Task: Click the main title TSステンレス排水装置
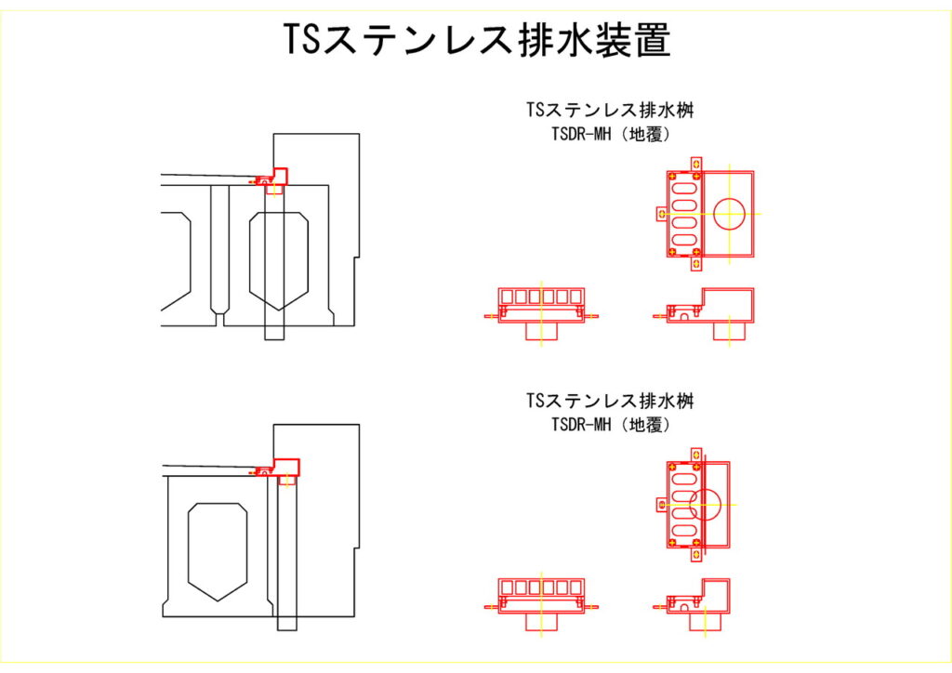(476, 41)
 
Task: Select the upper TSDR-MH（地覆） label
(611, 134)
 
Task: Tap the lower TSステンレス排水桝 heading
(610, 402)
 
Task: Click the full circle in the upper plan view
(730, 214)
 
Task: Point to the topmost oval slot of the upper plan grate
(684, 187)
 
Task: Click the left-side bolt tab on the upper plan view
(661, 214)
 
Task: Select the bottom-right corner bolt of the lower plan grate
(697, 541)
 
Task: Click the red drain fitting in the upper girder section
(273, 178)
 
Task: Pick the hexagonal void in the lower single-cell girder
(218, 550)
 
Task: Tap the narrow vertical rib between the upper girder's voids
(219, 251)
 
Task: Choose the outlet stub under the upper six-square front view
(541, 331)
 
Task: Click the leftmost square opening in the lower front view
(507, 587)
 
